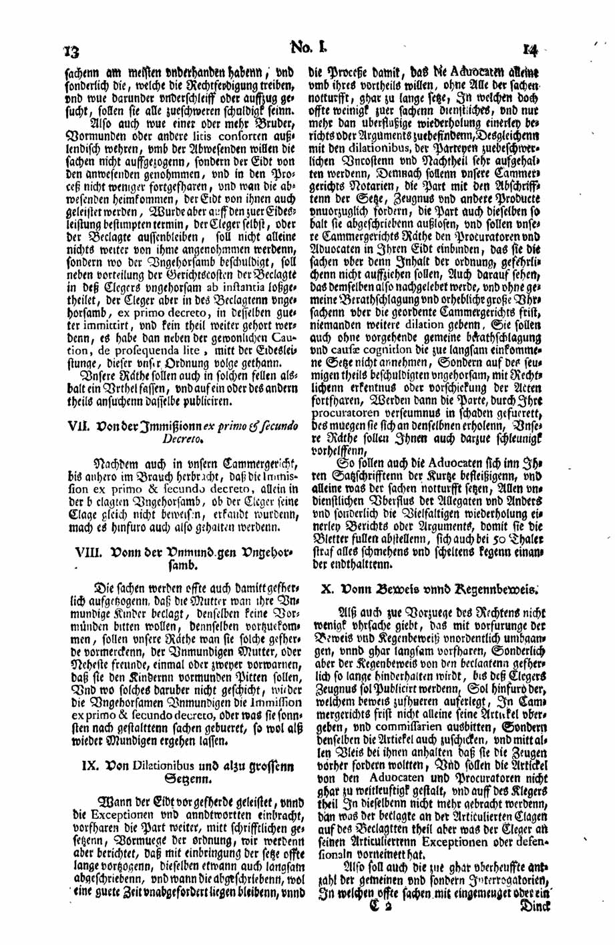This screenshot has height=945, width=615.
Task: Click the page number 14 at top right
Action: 532,49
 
